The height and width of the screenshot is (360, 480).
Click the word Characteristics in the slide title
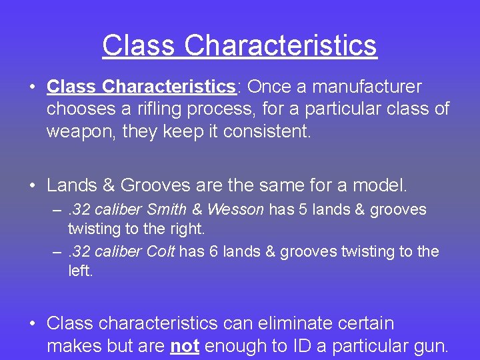click(x=281, y=46)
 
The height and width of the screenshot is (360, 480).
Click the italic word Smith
click(x=167, y=210)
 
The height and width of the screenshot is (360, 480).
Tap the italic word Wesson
click(x=235, y=210)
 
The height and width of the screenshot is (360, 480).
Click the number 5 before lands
click(x=302, y=210)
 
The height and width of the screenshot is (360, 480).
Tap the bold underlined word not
click(x=185, y=346)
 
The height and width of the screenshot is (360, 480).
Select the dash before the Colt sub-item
click(x=57, y=252)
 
